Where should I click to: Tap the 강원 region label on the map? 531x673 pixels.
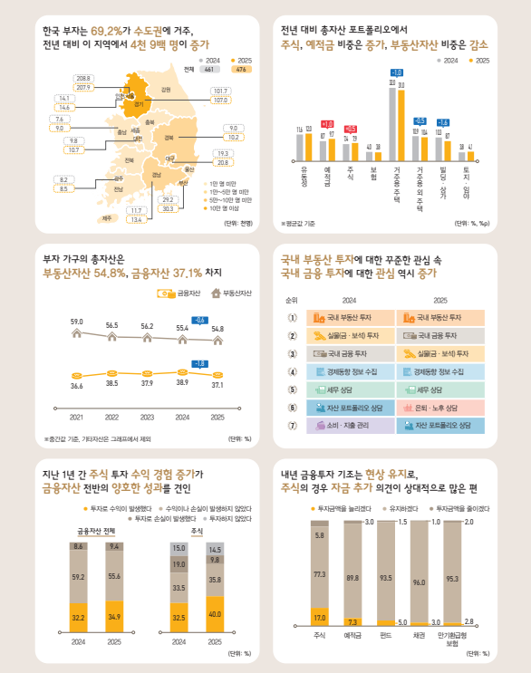[x=166, y=90]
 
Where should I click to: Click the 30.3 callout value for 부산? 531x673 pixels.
[x=168, y=208]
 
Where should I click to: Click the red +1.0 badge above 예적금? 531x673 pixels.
[x=327, y=123]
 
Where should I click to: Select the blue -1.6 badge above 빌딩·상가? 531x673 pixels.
[x=442, y=122]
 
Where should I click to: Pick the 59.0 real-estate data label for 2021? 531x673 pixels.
[x=77, y=322]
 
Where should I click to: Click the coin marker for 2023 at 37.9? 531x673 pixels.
[x=147, y=371]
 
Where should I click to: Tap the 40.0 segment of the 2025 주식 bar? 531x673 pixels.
[x=215, y=613]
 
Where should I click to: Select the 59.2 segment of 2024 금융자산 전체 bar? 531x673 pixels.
[x=79, y=576]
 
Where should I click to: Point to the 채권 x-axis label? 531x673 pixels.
[x=419, y=635]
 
